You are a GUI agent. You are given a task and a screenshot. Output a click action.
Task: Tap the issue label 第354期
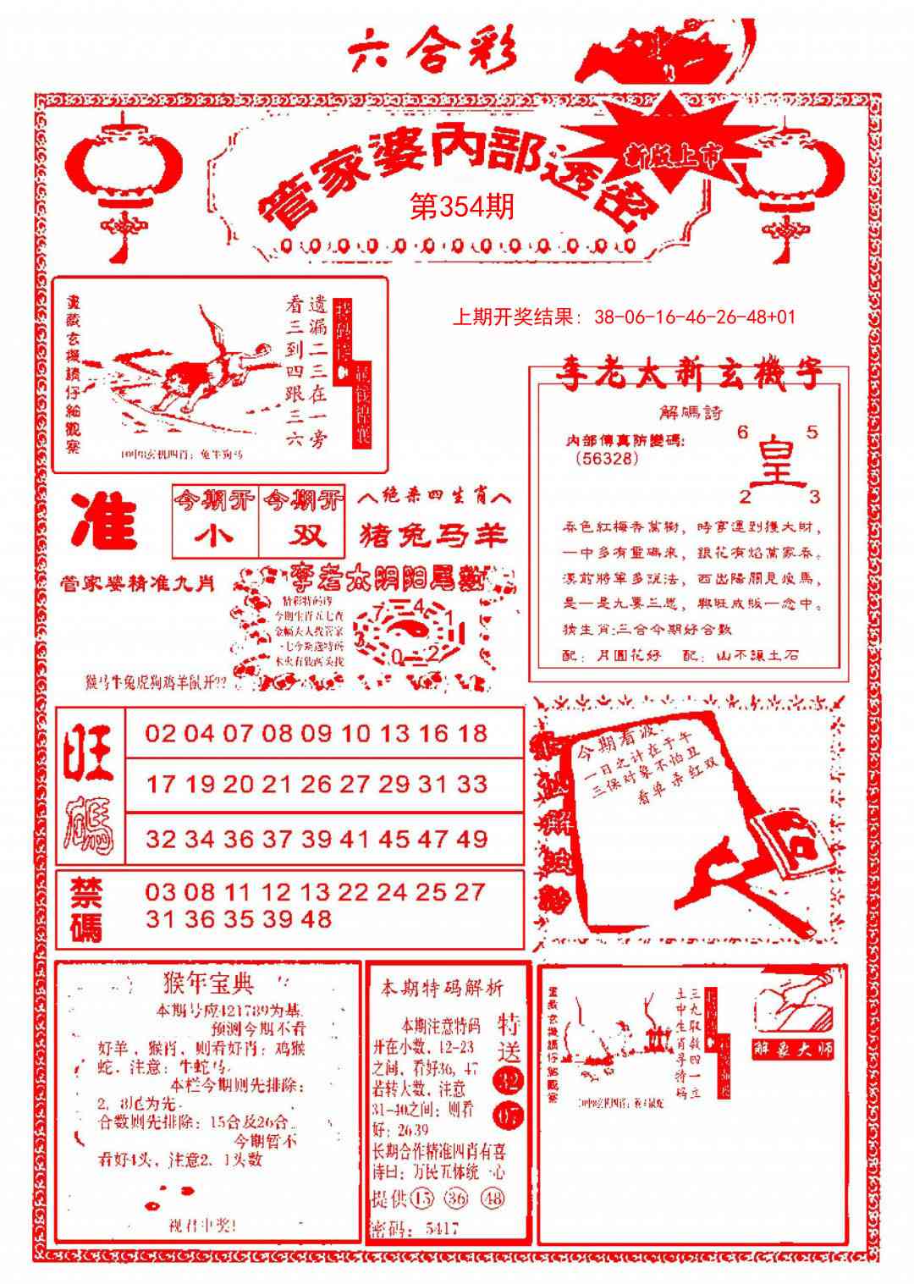(462, 207)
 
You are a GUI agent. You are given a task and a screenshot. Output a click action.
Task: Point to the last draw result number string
(695, 317)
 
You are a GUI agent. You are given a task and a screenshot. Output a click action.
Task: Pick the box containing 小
(216, 536)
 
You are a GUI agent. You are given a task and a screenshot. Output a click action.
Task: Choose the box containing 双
(303, 536)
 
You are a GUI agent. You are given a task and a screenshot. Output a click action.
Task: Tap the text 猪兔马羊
(433, 536)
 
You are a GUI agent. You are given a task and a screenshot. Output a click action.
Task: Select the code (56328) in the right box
(606, 458)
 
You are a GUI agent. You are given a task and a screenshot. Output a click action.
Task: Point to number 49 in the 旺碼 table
(471, 839)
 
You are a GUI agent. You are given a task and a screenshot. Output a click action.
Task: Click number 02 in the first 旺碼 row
(160, 733)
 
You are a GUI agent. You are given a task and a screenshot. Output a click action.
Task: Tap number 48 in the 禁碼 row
(315, 918)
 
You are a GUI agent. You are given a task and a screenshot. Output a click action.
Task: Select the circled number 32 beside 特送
(509, 1080)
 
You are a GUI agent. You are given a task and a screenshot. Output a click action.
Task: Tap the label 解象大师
(793, 1049)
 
